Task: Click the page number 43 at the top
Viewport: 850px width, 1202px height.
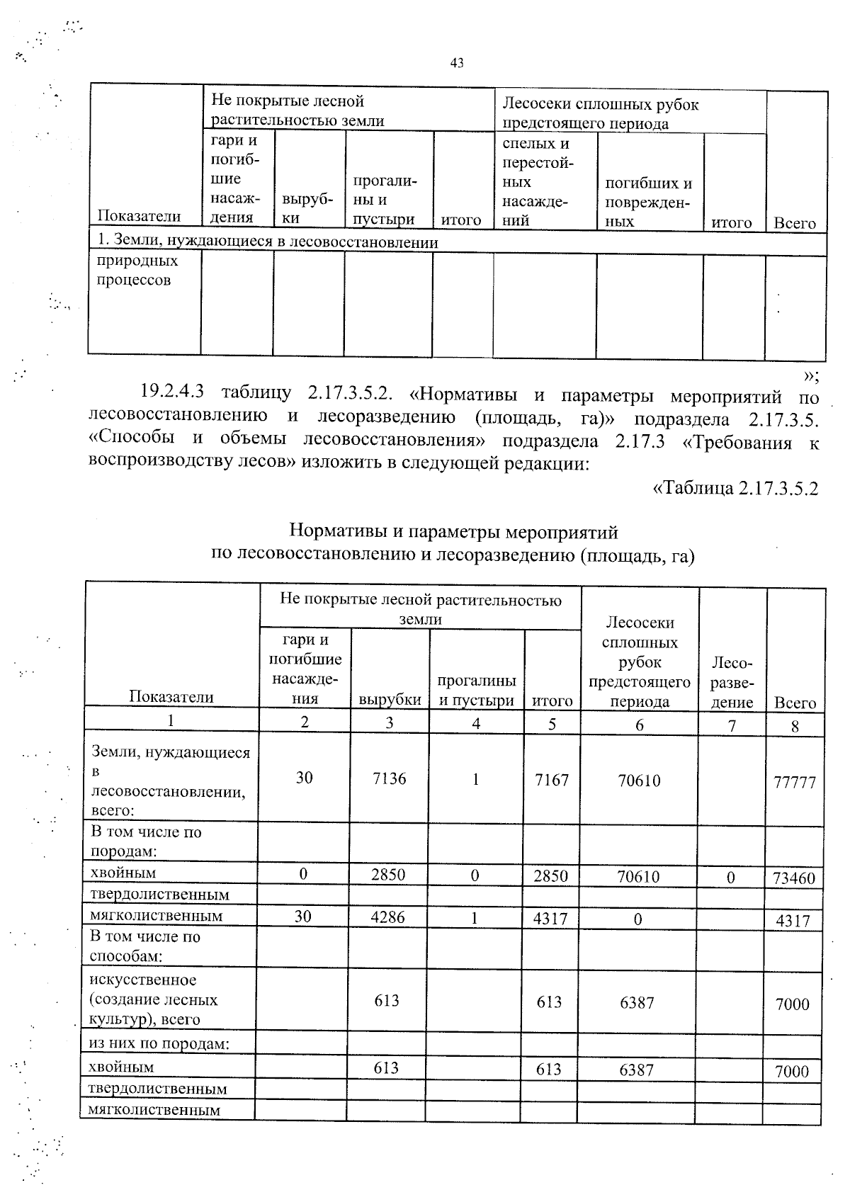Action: point(457,63)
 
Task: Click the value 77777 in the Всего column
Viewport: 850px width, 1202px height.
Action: point(794,783)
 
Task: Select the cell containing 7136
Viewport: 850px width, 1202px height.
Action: point(390,778)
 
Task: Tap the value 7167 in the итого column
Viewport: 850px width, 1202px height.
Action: point(551,780)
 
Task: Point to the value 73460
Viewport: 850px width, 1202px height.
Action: point(794,878)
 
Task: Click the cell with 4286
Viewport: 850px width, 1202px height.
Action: point(388,917)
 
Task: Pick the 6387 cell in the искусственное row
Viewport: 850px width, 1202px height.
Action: point(637,1002)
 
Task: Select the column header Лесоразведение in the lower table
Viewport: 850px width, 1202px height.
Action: point(732,682)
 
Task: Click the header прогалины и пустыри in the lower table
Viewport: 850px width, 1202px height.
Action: point(476,691)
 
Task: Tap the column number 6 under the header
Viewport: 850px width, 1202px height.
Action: point(640,725)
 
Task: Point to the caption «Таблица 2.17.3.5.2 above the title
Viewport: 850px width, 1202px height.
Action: point(735,489)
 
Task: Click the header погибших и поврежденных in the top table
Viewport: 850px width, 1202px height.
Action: point(647,202)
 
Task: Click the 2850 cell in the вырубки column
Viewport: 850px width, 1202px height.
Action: point(388,875)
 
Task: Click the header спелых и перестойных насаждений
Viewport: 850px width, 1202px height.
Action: point(536,182)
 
